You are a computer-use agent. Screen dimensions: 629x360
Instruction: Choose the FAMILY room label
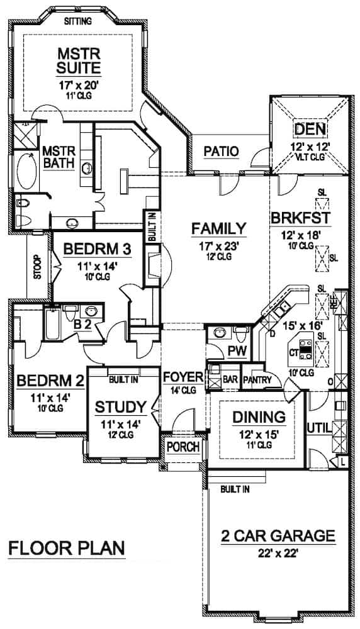(218, 227)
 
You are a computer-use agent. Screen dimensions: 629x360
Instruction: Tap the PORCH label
(183, 447)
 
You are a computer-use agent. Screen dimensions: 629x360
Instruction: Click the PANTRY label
(257, 379)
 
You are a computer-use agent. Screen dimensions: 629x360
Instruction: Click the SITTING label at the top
(79, 21)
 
